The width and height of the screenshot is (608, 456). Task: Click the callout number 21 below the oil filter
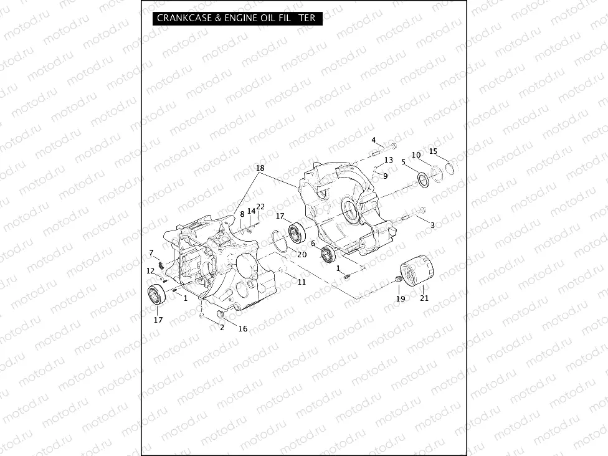(x=424, y=298)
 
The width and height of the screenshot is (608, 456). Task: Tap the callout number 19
(x=401, y=298)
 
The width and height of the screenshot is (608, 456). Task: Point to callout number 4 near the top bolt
(x=374, y=140)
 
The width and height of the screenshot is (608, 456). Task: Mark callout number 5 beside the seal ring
(x=404, y=162)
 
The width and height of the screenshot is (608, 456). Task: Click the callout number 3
(x=433, y=225)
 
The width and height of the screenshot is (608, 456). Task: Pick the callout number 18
(x=260, y=169)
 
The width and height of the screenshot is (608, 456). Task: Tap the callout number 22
(x=260, y=207)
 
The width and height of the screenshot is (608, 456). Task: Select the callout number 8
(x=242, y=214)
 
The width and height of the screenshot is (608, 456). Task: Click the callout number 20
(x=302, y=254)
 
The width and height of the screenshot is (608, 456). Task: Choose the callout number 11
(x=302, y=282)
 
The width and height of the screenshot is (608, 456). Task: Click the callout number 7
(x=151, y=252)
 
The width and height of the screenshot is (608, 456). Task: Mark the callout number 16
(x=243, y=329)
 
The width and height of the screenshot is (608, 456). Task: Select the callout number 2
(x=222, y=328)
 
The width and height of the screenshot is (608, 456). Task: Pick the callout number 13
(x=388, y=160)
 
